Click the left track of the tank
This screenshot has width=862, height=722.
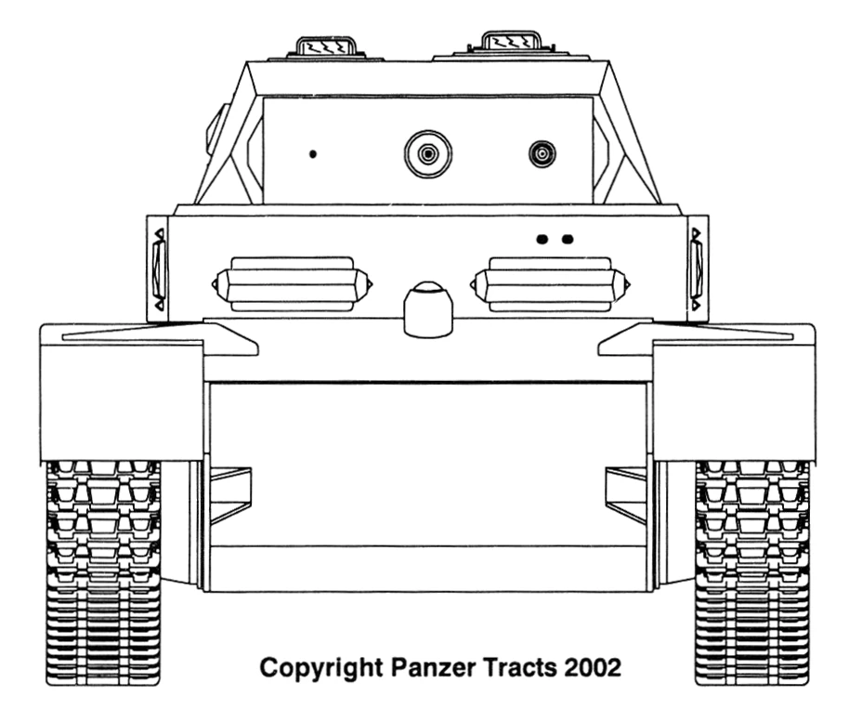tap(102, 567)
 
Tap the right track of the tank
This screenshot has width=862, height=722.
tap(751, 567)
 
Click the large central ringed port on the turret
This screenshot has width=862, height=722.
tap(428, 153)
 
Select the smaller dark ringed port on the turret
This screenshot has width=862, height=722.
tap(542, 153)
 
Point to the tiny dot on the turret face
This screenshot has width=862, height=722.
tap(313, 153)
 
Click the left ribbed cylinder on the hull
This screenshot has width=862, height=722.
tap(291, 282)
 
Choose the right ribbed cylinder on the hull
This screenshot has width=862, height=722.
tap(550, 282)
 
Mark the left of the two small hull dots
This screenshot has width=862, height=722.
tap(542, 240)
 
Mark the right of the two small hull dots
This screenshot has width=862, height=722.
tap(568, 240)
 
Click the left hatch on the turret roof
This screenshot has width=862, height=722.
tap(326, 46)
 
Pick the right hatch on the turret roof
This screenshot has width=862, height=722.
tap(511, 42)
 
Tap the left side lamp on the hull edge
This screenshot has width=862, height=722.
tap(158, 269)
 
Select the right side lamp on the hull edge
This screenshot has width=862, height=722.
tap(697, 269)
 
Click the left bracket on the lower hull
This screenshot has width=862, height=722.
tap(230, 494)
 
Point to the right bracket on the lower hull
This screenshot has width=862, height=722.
tap(625, 494)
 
